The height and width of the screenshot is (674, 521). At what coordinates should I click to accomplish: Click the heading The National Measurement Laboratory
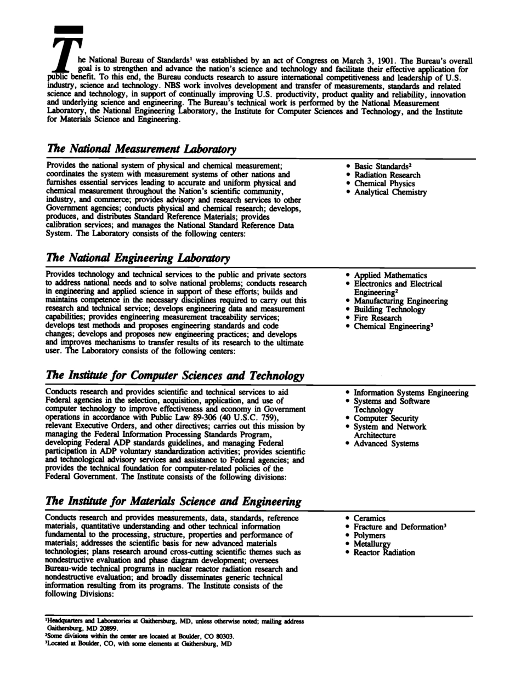134,149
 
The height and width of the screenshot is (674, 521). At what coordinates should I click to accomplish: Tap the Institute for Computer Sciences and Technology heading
175,376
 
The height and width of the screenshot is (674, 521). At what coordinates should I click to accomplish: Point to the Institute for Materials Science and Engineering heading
174,501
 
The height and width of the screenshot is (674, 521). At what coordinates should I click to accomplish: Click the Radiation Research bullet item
387,175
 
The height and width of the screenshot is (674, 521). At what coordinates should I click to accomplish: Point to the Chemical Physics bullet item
384,184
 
